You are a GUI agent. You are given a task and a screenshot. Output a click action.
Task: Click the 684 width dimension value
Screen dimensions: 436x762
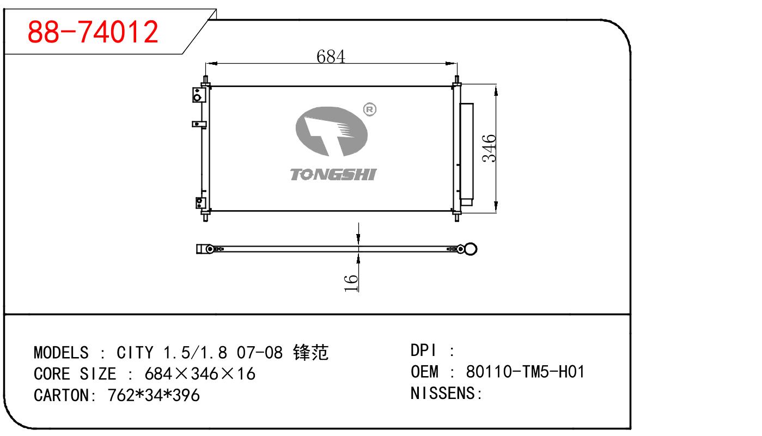coord(331,56)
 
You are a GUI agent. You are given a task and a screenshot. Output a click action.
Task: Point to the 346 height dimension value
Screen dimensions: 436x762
coord(489,148)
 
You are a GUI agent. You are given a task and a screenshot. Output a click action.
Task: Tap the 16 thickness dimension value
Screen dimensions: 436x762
coord(352,283)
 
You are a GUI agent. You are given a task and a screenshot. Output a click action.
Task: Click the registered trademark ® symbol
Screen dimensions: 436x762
coord(369,109)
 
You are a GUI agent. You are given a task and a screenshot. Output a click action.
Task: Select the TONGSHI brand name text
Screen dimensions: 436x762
coord(333,174)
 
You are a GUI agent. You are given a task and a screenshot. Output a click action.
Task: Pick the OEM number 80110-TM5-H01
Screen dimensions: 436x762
coord(525,372)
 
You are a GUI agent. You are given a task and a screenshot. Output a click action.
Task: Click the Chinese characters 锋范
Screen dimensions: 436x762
coord(310,353)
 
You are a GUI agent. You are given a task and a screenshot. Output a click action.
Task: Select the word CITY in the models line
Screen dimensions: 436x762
coord(135,353)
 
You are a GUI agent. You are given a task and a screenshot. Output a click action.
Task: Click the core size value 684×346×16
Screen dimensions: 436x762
coord(199,374)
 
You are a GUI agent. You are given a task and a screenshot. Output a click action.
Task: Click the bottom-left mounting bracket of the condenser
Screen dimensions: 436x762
coord(199,204)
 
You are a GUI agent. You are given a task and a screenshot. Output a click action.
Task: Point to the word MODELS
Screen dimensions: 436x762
coord(60,353)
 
